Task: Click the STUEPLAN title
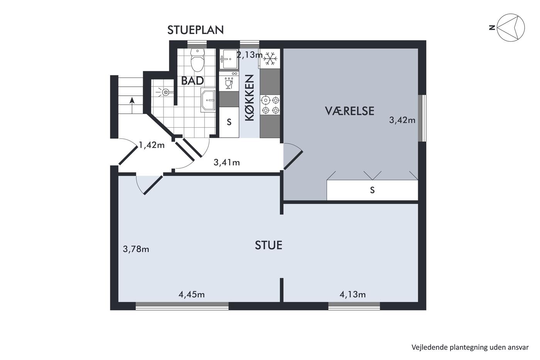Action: point(196,30)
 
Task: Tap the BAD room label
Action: point(192,81)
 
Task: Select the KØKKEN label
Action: point(250,98)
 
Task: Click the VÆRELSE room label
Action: point(349,111)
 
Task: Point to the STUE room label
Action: point(268,245)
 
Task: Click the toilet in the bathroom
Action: point(197,60)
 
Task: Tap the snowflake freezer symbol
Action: point(270,59)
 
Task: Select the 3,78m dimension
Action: point(136,249)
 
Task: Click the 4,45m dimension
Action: point(192,294)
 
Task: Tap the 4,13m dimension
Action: point(353,294)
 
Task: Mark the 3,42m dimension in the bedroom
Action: point(402,120)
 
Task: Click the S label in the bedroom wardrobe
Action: point(373,190)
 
